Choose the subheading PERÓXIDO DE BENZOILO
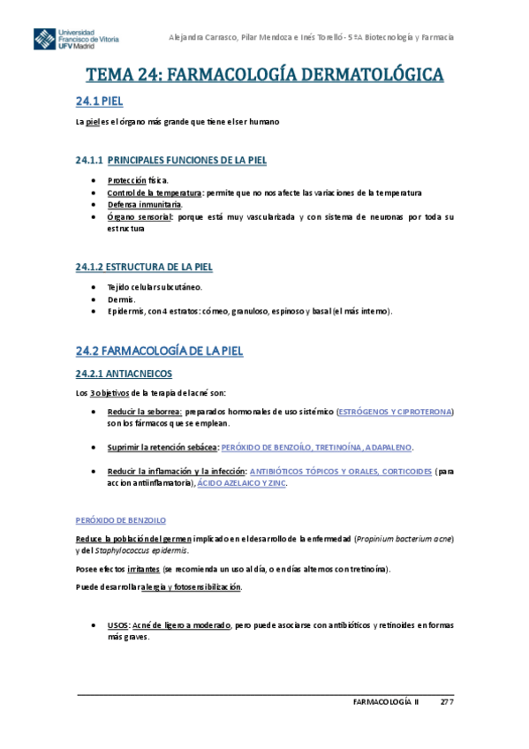pos(121,520)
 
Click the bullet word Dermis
pos(121,299)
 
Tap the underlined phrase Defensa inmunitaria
pos(145,205)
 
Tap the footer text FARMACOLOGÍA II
pos(381,702)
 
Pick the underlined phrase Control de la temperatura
pos(154,193)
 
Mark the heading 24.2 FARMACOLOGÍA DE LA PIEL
pos(158,351)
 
